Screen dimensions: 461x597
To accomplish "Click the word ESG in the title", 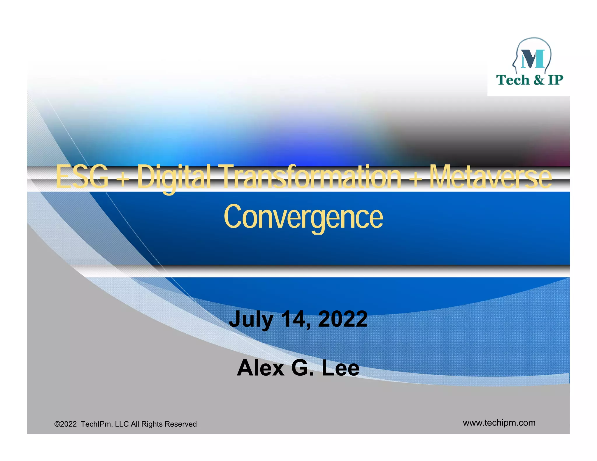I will coord(82,177).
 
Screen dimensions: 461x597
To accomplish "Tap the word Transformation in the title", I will coord(312,177).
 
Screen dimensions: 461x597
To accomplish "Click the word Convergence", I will coord(303,217).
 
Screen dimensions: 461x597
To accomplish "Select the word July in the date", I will coord(251,319).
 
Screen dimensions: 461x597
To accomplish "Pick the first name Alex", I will coord(260,368).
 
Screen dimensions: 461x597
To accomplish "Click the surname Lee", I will coord(340,368).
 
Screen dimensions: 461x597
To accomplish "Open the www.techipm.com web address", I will coord(499,423).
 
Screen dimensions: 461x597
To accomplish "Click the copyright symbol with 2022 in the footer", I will coord(66,424).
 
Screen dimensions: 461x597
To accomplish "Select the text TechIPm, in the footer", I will coord(97,424).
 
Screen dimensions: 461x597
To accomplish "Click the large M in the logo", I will coord(533,59).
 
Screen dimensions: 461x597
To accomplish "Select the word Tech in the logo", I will coord(513,80).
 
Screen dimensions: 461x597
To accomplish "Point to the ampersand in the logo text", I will coord(539,80).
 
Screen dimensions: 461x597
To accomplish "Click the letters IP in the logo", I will coord(555,80).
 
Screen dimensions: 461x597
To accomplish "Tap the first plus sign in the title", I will coord(124,178).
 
